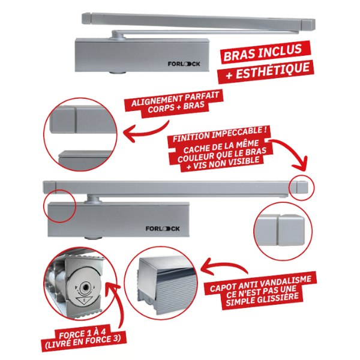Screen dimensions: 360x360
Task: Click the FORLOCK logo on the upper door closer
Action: point(184,64)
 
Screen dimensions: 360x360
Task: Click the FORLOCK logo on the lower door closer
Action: point(163,229)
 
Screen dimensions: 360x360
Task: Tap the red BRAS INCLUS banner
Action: point(264,53)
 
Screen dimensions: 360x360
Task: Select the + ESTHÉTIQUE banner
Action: point(266,72)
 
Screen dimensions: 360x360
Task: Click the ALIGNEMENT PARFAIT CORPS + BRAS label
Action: point(175,103)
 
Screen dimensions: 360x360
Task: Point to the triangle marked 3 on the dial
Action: point(83,301)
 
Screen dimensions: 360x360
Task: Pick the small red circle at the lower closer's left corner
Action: point(44,206)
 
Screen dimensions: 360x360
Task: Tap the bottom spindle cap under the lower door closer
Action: point(93,238)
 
